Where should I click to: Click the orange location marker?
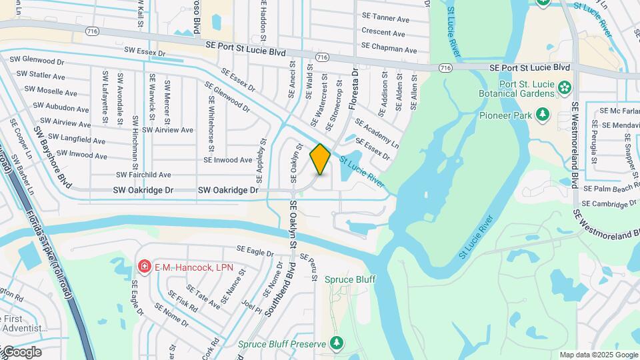pos(320,159)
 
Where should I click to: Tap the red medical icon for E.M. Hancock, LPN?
pos(144,267)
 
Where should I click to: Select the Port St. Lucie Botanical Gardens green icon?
pos(565,87)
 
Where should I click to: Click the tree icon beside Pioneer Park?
pos(543,115)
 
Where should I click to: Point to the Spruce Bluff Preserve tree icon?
pos(337,343)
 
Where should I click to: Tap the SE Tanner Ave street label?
pos(385,19)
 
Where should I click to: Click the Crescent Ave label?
pos(383,32)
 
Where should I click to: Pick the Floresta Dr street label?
pos(354,87)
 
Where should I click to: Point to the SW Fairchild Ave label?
pos(143,175)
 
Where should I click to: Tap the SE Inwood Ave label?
pos(228,160)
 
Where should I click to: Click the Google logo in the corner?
pos(21,352)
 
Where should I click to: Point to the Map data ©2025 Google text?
pos(598,355)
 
